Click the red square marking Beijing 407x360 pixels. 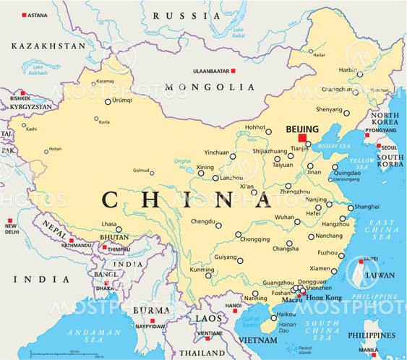click(302, 137)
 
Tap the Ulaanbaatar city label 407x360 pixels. click(209, 71)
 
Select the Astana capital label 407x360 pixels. click(38, 14)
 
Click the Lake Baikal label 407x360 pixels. click(239, 32)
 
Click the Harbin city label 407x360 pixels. click(348, 69)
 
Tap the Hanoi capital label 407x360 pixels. click(233, 305)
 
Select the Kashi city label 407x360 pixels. click(30, 129)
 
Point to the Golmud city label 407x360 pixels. click(140, 171)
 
